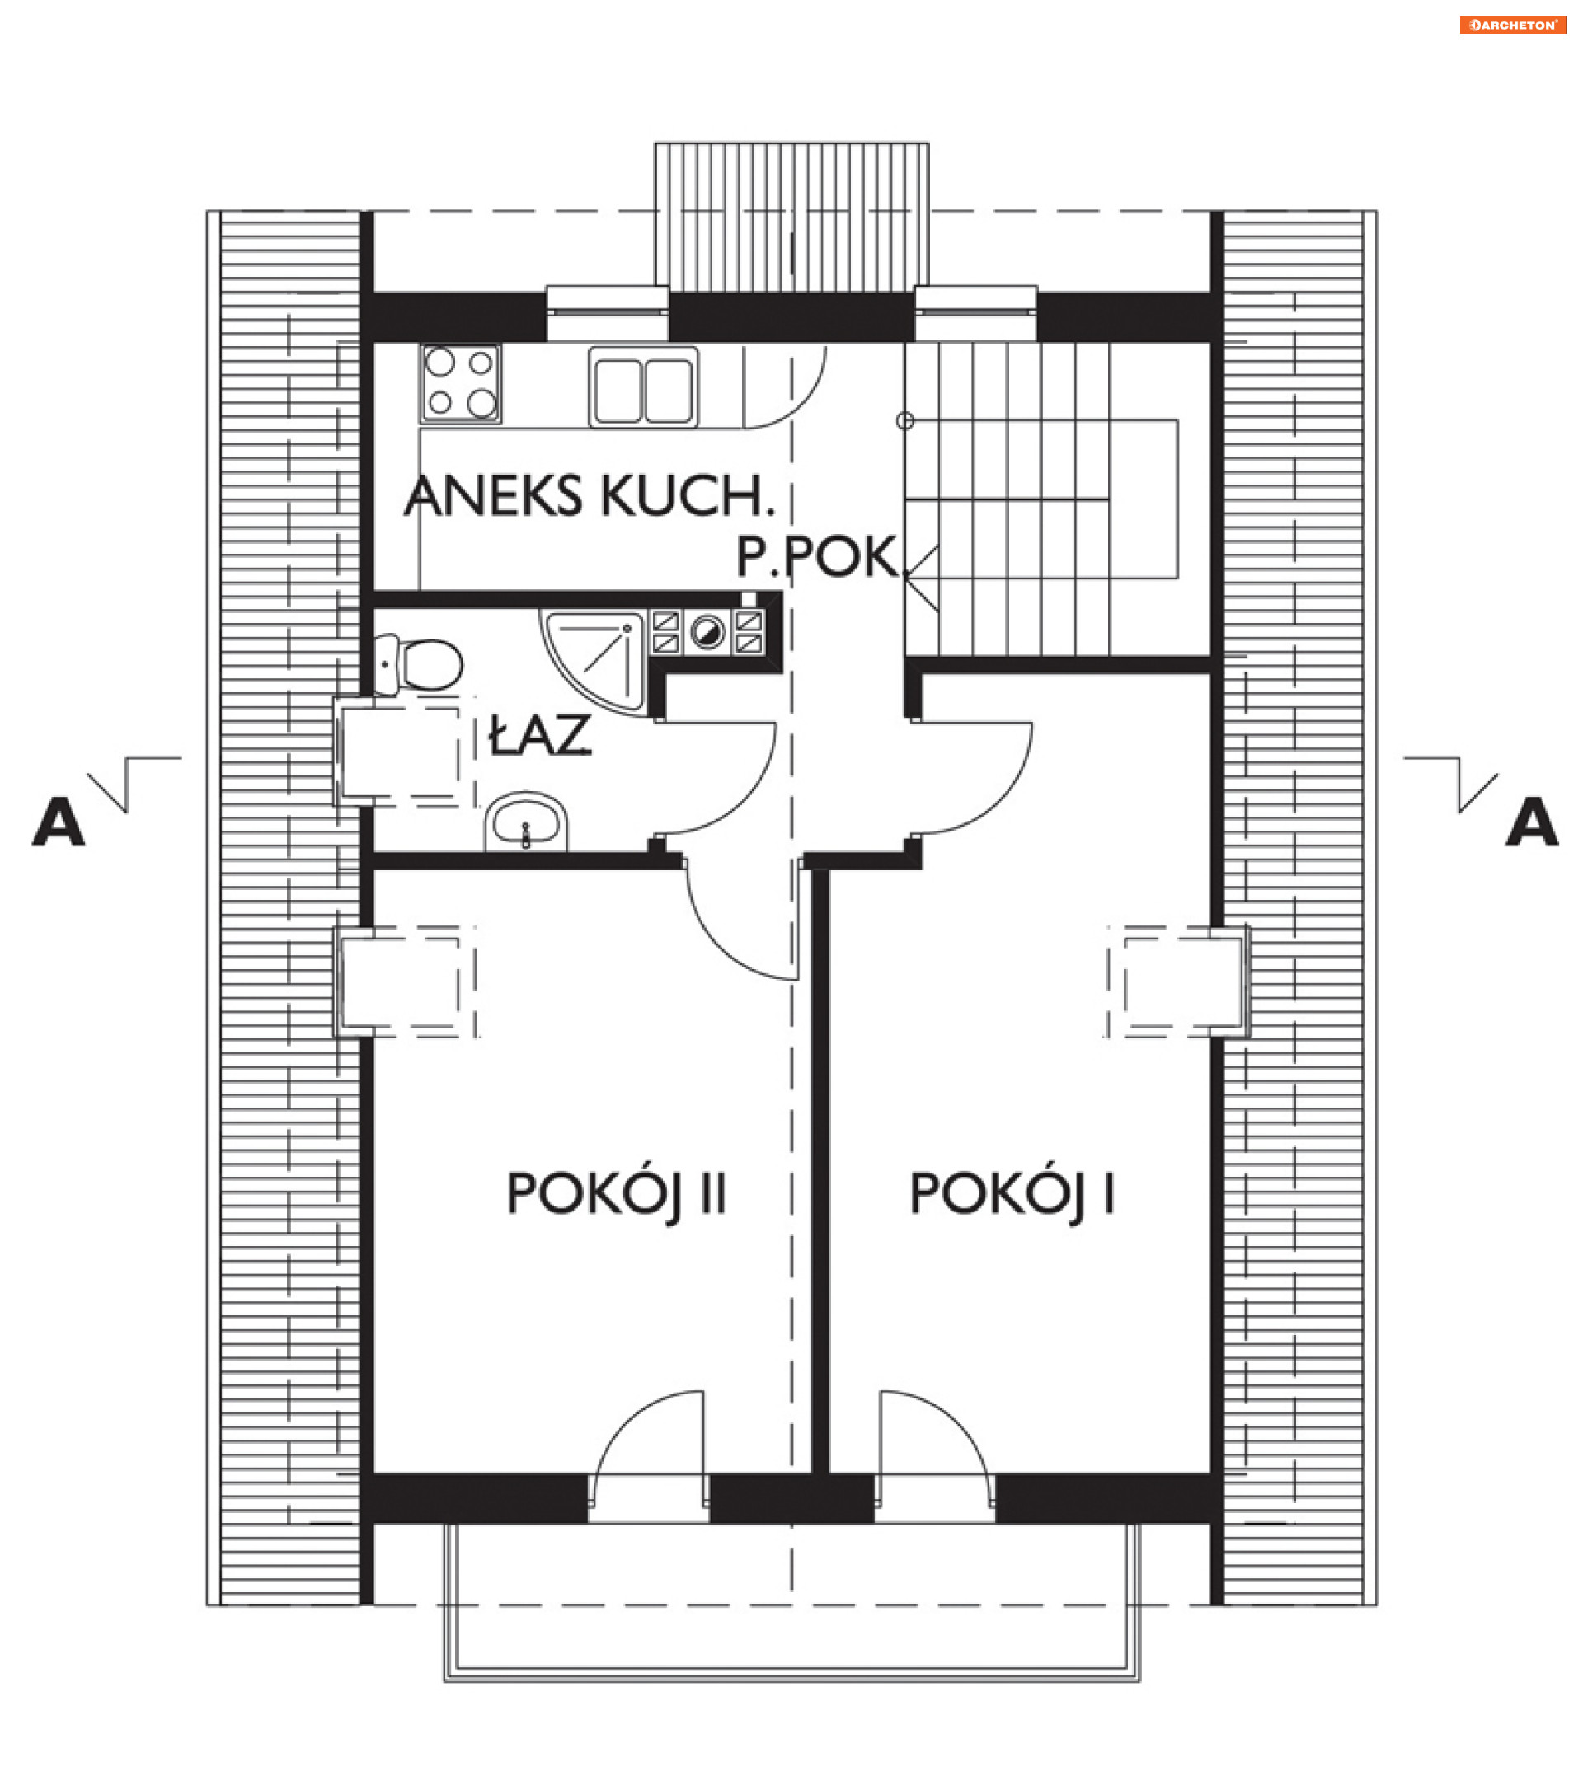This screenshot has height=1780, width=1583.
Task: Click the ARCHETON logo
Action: pos(1511,26)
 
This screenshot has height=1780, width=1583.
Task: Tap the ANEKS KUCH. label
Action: pos(589,496)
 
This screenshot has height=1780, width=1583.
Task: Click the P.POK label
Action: pos(816,556)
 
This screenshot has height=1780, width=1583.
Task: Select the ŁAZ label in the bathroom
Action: pos(540,734)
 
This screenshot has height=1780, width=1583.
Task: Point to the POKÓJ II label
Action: pos(616,1194)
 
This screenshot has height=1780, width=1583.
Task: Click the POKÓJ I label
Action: pos(1012,1194)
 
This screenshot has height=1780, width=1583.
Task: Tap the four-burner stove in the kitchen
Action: pos(460,382)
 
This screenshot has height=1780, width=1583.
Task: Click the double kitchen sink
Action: pos(643,386)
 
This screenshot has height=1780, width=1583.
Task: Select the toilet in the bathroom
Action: pos(417,664)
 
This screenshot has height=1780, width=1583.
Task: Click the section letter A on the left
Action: pos(59,822)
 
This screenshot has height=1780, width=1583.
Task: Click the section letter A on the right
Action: pos(1532,822)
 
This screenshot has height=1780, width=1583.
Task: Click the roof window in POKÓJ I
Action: pos(1178,981)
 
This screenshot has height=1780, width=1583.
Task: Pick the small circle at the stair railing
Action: pos(905,421)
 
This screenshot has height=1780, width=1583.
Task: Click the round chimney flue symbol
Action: pos(707,630)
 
